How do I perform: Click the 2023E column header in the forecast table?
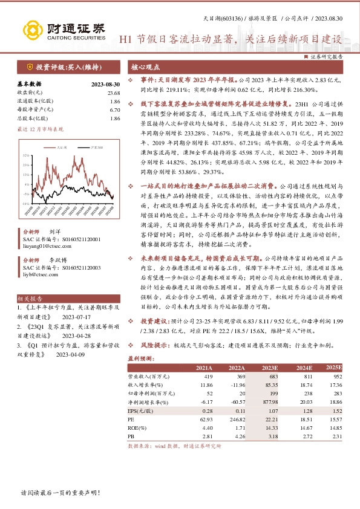(x=270, y=368)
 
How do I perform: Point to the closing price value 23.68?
(x=113, y=92)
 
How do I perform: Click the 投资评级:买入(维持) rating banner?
(x=61, y=66)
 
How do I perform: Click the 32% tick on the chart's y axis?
(x=25, y=155)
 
